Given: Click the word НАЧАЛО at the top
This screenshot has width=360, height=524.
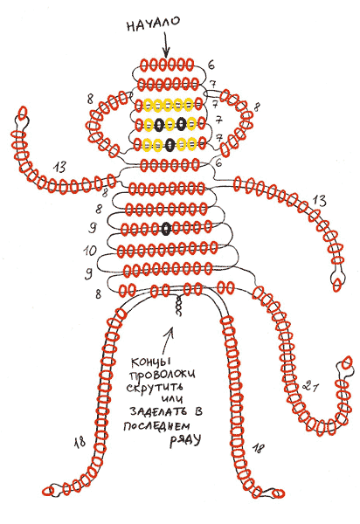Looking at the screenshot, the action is [x=153, y=24].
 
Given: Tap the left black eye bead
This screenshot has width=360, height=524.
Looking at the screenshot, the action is [x=159, y=124].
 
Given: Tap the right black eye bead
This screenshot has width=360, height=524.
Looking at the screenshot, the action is [x=181, y=124].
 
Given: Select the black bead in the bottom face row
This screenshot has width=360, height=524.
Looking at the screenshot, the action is [x=170, y=144].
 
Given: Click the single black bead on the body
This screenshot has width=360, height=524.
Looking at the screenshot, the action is [x=166, y=229].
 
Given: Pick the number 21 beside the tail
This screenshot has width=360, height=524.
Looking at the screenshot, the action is [x=310, y=386].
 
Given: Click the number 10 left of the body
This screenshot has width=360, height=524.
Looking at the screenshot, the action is [x=90, y=251].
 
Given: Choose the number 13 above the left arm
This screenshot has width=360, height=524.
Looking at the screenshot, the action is [x=59, y=168].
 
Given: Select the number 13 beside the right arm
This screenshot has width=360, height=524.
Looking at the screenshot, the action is [x=319, y=201].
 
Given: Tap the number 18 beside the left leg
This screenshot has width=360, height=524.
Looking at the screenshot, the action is [x=80, y=442].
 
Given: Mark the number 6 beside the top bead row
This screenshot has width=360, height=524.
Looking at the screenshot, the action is [x=211, y=65].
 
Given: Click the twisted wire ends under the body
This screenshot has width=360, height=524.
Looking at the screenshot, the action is [x=178, y=307].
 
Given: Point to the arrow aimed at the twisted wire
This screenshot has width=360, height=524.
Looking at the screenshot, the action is [x=168, y=341].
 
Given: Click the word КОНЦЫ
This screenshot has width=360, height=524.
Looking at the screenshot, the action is [x=151, y=362].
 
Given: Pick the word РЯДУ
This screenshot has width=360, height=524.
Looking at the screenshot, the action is [x=185, y=440].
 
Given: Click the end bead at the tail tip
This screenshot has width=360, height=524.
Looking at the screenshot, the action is [x=347, y=362].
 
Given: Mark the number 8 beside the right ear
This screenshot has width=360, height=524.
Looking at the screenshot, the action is [x=257, y=107].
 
